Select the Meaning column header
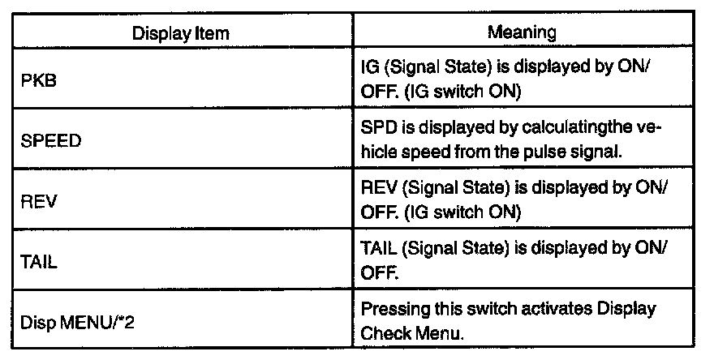522,33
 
